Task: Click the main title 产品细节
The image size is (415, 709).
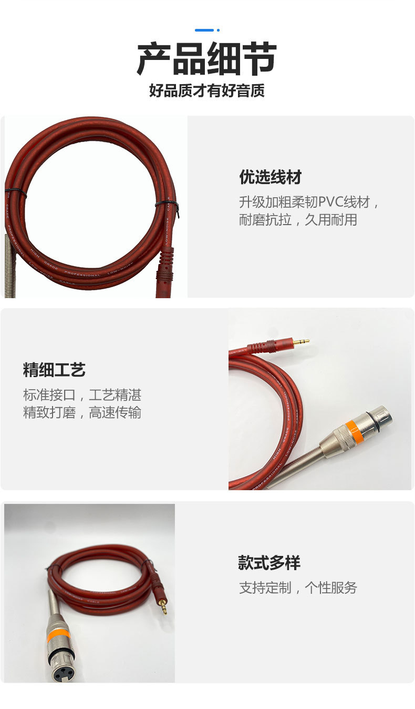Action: [206, 59]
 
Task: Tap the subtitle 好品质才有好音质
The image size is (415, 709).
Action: [206, 91]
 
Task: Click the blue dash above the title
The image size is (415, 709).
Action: [204, 30]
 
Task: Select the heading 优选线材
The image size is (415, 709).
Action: [271, 177]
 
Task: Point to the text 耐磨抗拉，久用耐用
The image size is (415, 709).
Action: [298, 220]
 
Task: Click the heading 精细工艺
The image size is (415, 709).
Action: [54, 370]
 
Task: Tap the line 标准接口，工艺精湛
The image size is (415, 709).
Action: [82, 395]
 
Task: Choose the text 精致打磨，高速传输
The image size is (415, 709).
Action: [82, 412]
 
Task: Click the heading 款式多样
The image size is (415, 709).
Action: [269, 563]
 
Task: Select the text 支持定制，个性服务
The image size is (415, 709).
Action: [298, 588]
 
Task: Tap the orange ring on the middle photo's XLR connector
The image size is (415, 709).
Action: [353, 431]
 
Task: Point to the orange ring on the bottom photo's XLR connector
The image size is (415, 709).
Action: [58, 635]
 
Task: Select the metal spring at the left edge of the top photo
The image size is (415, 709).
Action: [10, 266]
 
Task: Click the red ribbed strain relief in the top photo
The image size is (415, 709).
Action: [164, 263]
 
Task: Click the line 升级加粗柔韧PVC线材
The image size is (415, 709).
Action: [309, 202]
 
